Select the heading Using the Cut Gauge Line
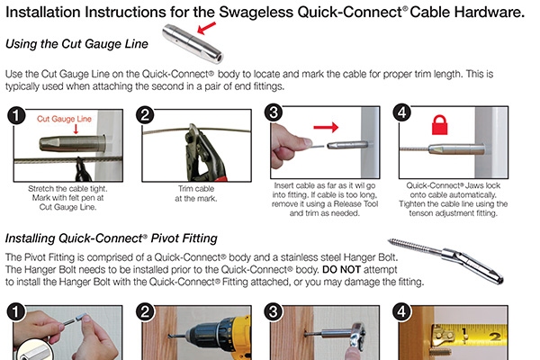click(x=76, y=44)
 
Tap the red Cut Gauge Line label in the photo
click(x=65, y=118)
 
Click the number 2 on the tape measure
click(x=494, y=337)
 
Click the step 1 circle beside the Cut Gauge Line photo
click(x=15, y=116)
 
